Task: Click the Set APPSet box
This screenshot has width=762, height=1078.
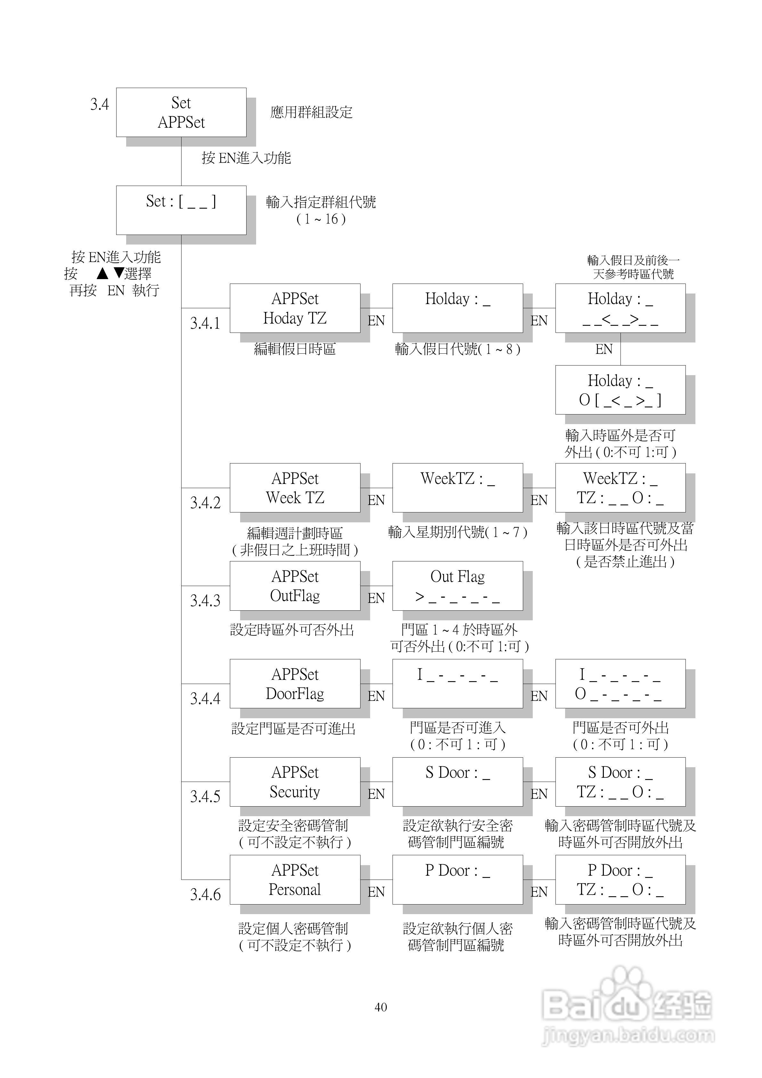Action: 181,112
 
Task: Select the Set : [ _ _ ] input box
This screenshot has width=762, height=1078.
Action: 181,210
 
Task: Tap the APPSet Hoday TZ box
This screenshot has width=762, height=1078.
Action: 295,308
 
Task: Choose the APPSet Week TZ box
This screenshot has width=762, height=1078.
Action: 295,487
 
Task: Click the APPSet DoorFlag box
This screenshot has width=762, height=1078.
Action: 295,684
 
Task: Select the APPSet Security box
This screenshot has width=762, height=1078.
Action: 295,782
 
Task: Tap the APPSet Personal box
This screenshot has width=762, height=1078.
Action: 295,880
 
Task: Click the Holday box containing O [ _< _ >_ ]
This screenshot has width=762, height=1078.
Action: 620,390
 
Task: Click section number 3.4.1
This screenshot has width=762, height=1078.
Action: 205,323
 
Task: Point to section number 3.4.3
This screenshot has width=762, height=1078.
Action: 205,600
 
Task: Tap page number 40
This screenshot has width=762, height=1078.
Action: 381,1007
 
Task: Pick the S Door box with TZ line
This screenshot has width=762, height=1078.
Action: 620,782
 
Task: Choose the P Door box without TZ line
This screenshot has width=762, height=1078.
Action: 457,880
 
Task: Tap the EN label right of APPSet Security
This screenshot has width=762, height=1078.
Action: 376,794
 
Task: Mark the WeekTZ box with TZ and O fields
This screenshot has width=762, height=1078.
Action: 620,487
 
